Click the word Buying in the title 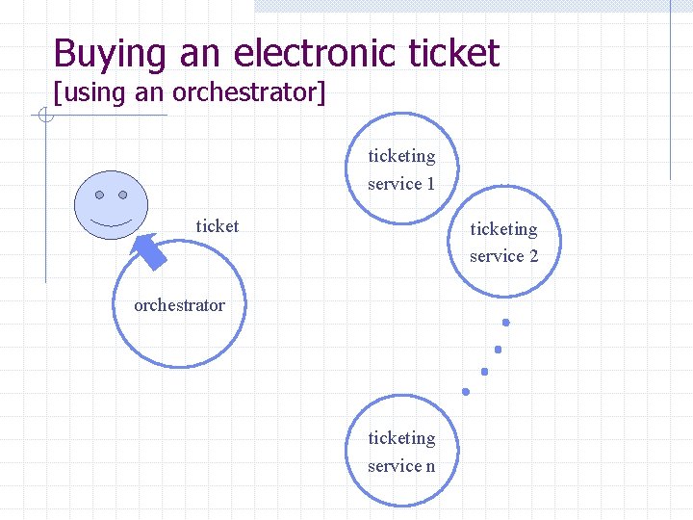click(x=112, y=53)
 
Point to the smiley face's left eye click(x=100, y=195)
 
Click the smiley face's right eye click(x=122, y=195)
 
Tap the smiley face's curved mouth click(x=112, y=219)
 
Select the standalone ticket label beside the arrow click(x=217, y=226)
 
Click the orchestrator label click(x=179, y=305)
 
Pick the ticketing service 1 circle click(x=401, y=169)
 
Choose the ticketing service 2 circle click(x=503, y=242)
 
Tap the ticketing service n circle click(x=401, y=452)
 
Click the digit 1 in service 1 click(x=430, y=183)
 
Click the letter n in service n click(x=430, y=466)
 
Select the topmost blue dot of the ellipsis click(x=505, y=323)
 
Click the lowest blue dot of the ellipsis click(x=466, y=392)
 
